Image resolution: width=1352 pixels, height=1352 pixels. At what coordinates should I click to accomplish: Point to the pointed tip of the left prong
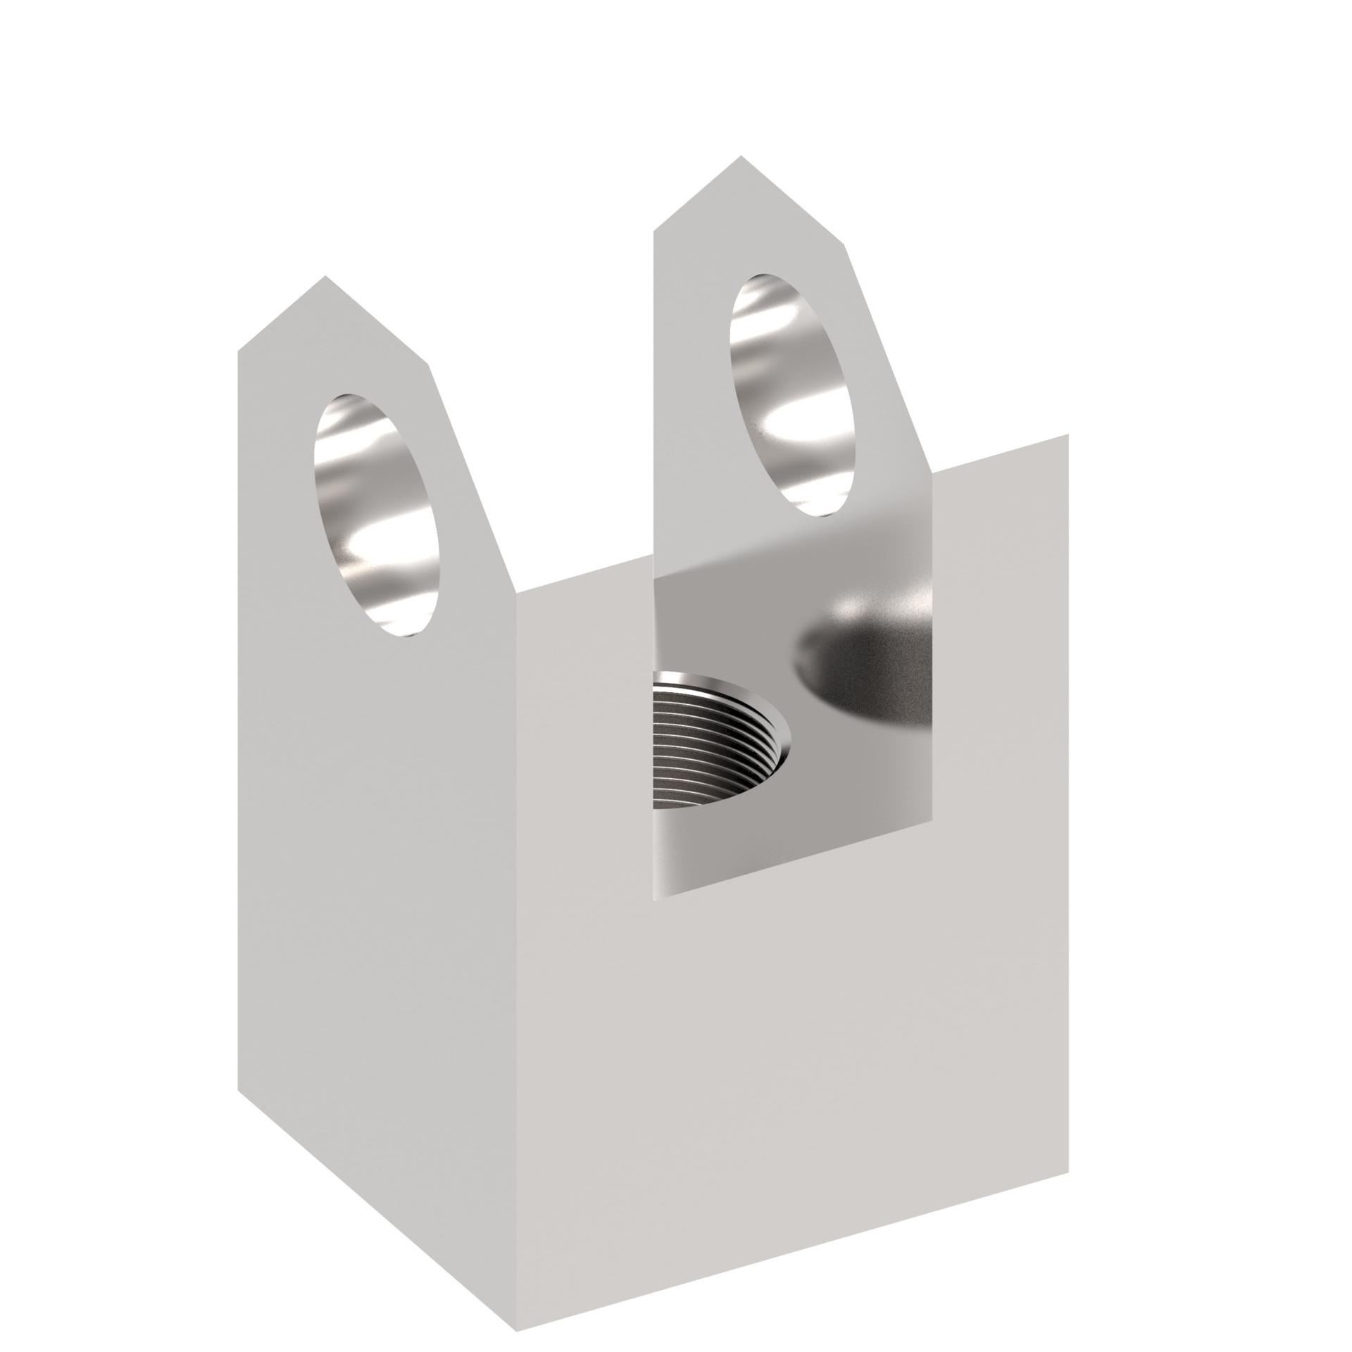[325, 277]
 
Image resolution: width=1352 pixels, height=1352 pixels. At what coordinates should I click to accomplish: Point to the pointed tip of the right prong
[740, 157]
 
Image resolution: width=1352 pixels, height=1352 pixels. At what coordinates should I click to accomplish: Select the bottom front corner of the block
[516, 1291]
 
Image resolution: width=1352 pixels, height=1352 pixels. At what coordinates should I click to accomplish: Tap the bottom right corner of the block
[1068, 1113]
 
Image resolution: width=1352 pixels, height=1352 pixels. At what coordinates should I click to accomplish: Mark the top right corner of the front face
[1068, 434]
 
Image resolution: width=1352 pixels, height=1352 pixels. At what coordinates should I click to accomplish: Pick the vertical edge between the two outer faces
[516, 915]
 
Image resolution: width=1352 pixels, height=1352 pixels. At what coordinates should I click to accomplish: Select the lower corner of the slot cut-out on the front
[655, 899]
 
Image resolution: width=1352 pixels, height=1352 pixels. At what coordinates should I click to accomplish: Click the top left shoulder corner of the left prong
[239, 350]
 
